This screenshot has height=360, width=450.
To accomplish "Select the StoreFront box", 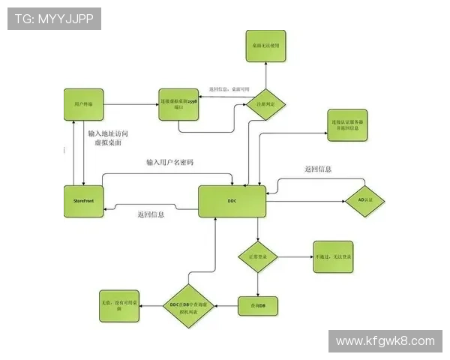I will (83, 201).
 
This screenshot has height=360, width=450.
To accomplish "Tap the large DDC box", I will (232, 202).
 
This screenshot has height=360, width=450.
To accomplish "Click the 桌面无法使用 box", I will (265, 46).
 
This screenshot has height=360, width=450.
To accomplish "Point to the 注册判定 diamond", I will (265, 103).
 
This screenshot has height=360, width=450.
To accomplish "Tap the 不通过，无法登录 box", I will (334, 257).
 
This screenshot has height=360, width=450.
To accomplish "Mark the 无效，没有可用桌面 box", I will (118, 306).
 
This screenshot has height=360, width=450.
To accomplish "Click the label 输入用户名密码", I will (169, 162).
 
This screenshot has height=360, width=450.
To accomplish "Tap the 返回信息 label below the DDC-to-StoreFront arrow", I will (151, 214).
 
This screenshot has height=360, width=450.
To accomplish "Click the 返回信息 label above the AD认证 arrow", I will (318, 169).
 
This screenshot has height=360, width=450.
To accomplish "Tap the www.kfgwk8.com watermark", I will (385, 341).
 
